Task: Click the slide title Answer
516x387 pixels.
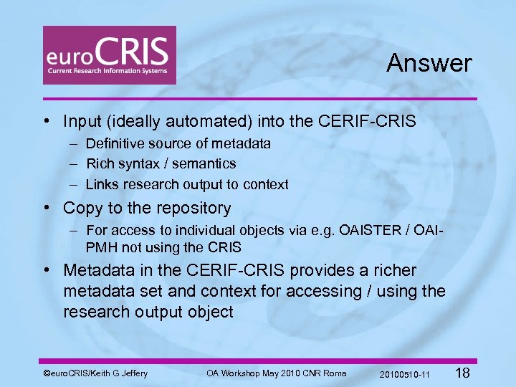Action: [429, 63]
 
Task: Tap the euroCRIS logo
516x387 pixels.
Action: [109, 55]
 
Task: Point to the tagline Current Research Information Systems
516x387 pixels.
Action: [107, 71]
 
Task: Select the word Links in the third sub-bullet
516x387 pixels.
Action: [102, 184]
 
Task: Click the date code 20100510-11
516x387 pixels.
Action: [404, 373]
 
